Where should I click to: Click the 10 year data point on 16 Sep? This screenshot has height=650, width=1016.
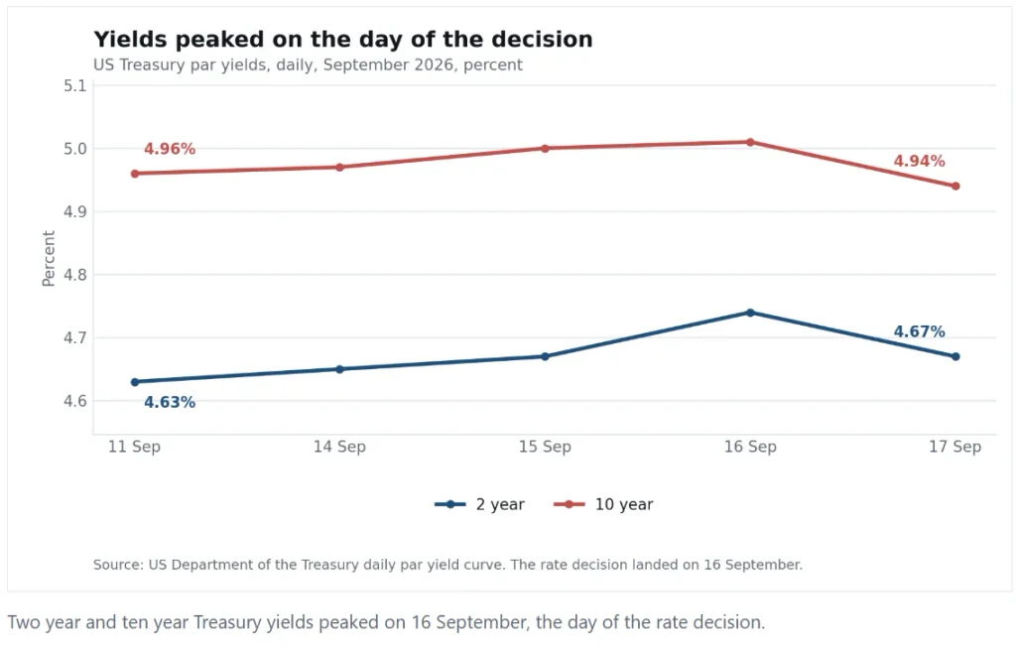point(750,142)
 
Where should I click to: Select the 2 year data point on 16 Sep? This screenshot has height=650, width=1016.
point(750,313)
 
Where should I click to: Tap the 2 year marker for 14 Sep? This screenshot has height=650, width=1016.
point(339,369)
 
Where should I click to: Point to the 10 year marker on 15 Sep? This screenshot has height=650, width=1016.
point(545,149)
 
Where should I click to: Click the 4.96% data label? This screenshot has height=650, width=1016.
point(170,149)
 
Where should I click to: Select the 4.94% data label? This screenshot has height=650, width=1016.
point(919,161)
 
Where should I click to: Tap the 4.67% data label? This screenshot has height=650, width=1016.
point(919,331)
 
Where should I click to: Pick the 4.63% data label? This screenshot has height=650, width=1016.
point(170,403)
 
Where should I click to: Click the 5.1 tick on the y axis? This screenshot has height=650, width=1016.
point(75,85)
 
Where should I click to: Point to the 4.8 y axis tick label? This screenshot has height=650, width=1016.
point(75,275)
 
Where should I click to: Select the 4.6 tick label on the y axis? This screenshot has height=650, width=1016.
point(75,401)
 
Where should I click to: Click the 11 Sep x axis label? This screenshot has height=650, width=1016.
point(134,447)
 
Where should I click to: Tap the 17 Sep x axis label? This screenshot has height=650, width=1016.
point(955,447)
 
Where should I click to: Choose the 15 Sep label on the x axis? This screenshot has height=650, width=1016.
point(545,447)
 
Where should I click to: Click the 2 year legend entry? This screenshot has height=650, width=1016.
point(479,504)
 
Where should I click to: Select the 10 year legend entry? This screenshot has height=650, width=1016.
point(603,504)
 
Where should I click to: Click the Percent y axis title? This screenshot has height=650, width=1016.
point(49,259)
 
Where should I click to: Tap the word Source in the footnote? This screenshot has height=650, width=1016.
point(118,565)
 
